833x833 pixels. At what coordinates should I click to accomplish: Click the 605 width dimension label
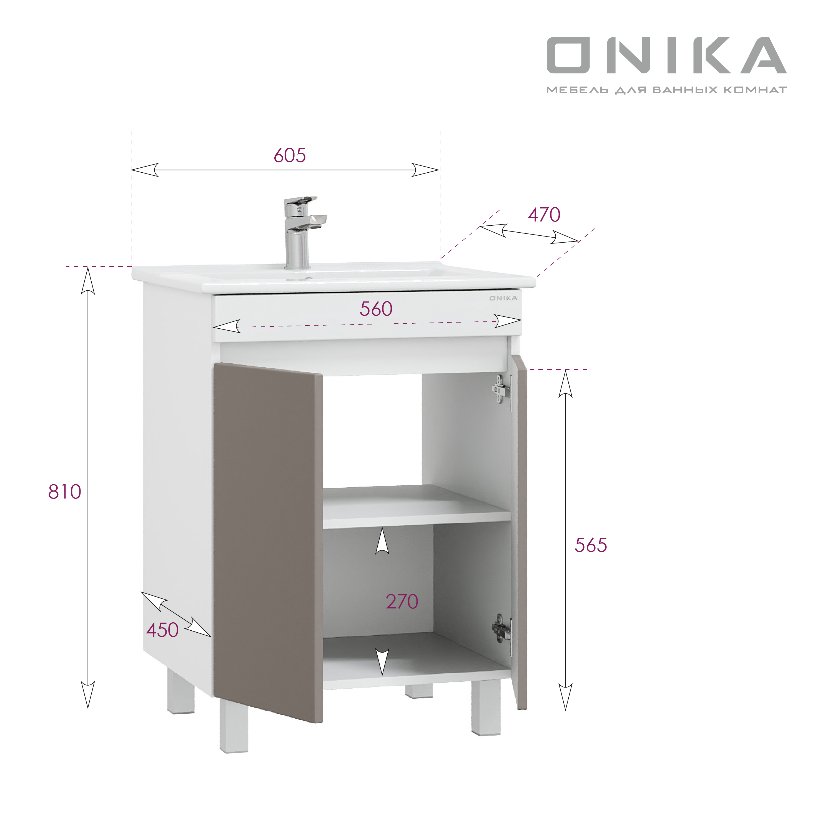click(x=290, y=155)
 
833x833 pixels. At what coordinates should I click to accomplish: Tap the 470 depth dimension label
click(x=544, y=215)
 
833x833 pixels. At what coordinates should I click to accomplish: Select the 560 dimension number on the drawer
click(x=376, y=309)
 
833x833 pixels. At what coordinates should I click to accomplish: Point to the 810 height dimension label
click(x=65, y=492)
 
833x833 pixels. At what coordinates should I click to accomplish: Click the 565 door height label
click(x=591, y=545)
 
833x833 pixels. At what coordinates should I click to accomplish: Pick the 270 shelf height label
click(x=402, y=602)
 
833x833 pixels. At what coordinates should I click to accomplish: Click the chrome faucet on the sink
click(x=302, y=233)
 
